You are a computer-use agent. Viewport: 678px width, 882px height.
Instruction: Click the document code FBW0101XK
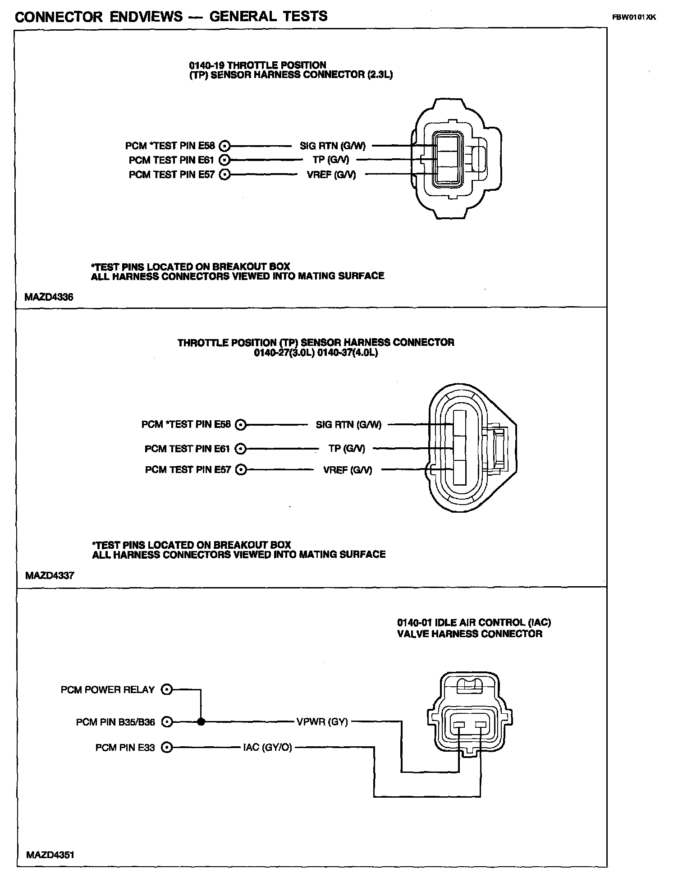(x=633, y=18)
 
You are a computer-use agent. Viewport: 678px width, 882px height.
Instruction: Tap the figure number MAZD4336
(x=49, y=297)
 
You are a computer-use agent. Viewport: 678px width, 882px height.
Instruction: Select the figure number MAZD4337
(x=50, y=575)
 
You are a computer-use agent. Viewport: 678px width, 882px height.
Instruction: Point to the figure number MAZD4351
(x=50, y=854)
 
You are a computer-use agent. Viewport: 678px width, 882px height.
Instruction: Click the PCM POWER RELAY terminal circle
(x=167, y=689)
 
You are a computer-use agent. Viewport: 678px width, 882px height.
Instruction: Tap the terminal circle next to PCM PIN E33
(x=167, y=747)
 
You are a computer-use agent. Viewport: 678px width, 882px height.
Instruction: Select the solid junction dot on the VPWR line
(x=201, y=722)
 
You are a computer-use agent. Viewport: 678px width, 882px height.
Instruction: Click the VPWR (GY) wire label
(x=322, y=721)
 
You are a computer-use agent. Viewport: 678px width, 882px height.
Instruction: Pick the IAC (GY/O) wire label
(x=267, y=747)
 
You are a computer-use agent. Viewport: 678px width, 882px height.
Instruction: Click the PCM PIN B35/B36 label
(x=115, y=722)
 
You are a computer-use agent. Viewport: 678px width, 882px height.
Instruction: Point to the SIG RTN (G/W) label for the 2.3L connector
(x=333, y=146)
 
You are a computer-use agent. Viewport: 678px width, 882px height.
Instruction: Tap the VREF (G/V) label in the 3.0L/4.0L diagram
(x=348, y=470)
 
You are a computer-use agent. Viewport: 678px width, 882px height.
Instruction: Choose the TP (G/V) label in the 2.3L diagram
(x=331, y=160)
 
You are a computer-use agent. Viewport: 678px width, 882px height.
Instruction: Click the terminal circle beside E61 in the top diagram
(x=224, y=160)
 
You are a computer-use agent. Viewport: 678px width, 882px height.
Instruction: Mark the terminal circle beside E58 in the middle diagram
(x=241, y=424)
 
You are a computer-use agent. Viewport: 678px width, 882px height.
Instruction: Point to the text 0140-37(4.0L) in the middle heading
(x=348, y=352)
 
